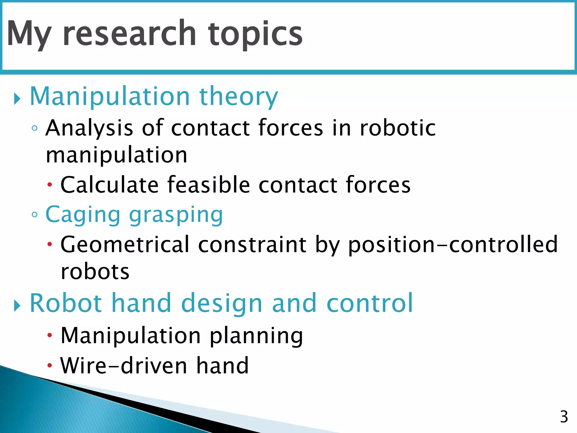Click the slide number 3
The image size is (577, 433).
coord(564,417)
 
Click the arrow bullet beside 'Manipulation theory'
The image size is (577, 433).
coord(17,99)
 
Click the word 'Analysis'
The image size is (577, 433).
coord(89,128)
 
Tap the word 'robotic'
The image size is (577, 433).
coord(398,128)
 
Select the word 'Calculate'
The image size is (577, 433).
coord(110,185)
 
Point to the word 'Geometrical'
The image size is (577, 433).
coord(125,244)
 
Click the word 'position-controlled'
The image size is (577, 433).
coord(453,244)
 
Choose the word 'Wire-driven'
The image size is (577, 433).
coord(124,366)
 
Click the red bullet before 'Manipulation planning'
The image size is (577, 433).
coord(50,335)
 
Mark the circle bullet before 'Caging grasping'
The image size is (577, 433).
coord(35,215)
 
